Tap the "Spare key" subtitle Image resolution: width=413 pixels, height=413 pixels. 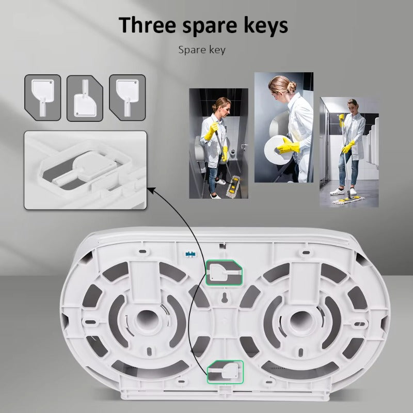coord(202,50)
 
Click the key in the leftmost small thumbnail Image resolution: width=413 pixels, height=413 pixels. coord(43,96)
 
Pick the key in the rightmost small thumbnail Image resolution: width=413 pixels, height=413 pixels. coord(128,96)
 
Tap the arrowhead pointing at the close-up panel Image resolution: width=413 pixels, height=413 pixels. coord(151,189)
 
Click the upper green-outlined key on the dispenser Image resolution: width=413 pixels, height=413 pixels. coord(224,273)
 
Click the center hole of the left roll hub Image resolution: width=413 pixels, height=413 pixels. coord(146,320)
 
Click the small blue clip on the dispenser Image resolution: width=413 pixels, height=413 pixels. coord(191,255)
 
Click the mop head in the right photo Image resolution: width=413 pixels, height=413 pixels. coord(348,200)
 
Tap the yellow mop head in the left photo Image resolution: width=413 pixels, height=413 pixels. coord(233,187)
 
